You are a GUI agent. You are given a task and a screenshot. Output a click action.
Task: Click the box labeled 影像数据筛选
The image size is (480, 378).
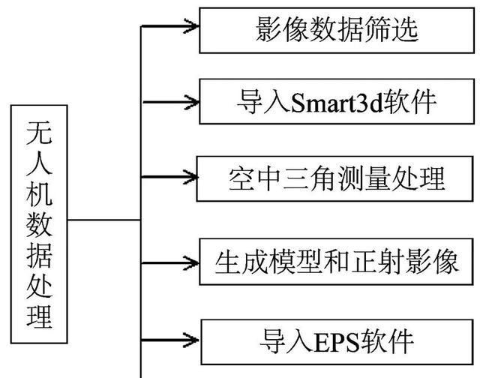[x=337, y=30]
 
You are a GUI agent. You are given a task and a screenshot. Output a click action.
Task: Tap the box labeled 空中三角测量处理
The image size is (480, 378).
[x=337, y=178]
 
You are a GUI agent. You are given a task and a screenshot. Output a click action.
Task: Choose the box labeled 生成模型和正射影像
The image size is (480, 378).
[x=337, y=262]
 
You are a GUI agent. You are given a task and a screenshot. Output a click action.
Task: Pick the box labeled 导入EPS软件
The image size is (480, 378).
[x=337, y=341]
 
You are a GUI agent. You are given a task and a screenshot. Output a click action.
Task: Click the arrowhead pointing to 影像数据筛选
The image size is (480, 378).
[x=192, y=26]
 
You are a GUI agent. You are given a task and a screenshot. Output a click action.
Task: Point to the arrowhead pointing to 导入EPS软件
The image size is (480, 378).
[x=192, y=340]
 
